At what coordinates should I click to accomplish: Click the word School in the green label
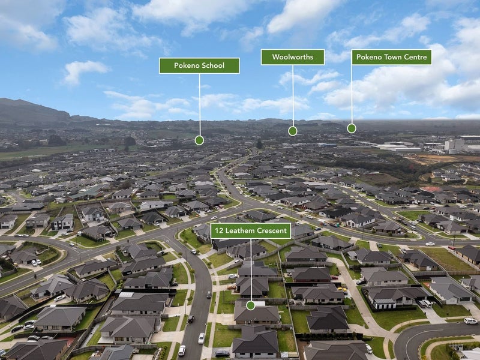click(214, 65)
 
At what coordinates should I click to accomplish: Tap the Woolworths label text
click(293, 57)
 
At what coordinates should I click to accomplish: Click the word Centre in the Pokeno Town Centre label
click(415, 57)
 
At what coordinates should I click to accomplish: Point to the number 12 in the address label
click(219, 230)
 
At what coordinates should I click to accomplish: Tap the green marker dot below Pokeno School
click(199, 140)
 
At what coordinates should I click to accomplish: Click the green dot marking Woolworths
click(293, 131)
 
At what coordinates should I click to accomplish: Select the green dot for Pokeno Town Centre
click(352, 128)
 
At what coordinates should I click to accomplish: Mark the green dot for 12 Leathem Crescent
click(250, 305)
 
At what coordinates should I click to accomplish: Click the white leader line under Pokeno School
click(200, 105)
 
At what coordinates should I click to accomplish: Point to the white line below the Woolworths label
click(293, 96)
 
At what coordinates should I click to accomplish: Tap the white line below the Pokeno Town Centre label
click(352, 94)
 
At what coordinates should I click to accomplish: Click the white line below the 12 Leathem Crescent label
click(251, 270)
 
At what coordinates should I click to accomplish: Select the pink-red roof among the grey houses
click(431, 189)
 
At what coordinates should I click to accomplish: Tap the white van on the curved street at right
click(470, 320)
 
